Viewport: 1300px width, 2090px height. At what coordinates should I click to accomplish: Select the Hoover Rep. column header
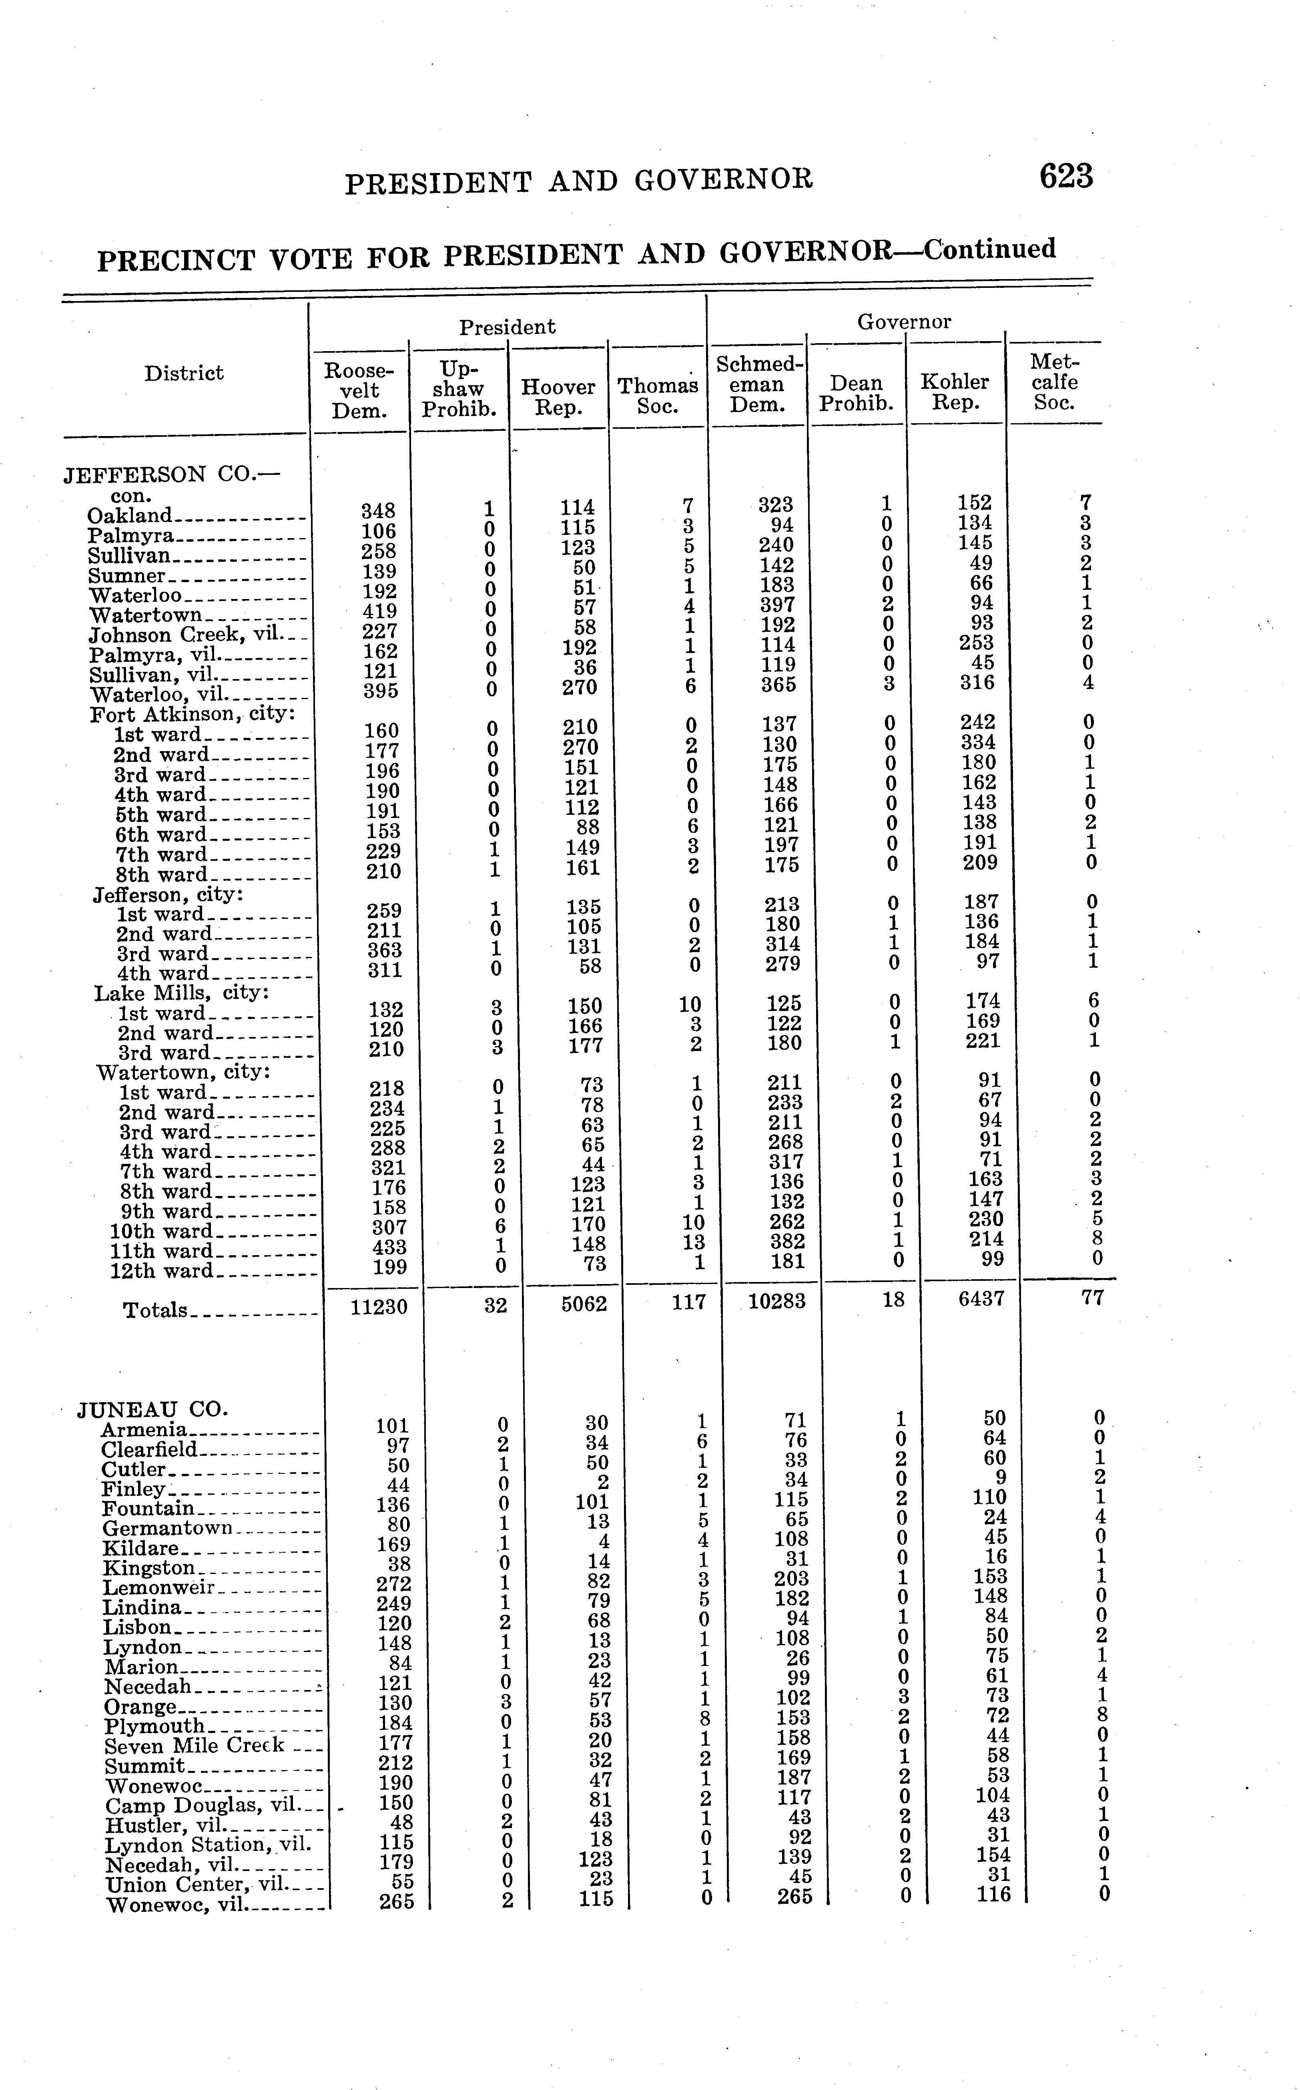[558, 397]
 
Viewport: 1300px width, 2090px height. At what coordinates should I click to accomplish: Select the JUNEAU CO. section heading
[153, 1409]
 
